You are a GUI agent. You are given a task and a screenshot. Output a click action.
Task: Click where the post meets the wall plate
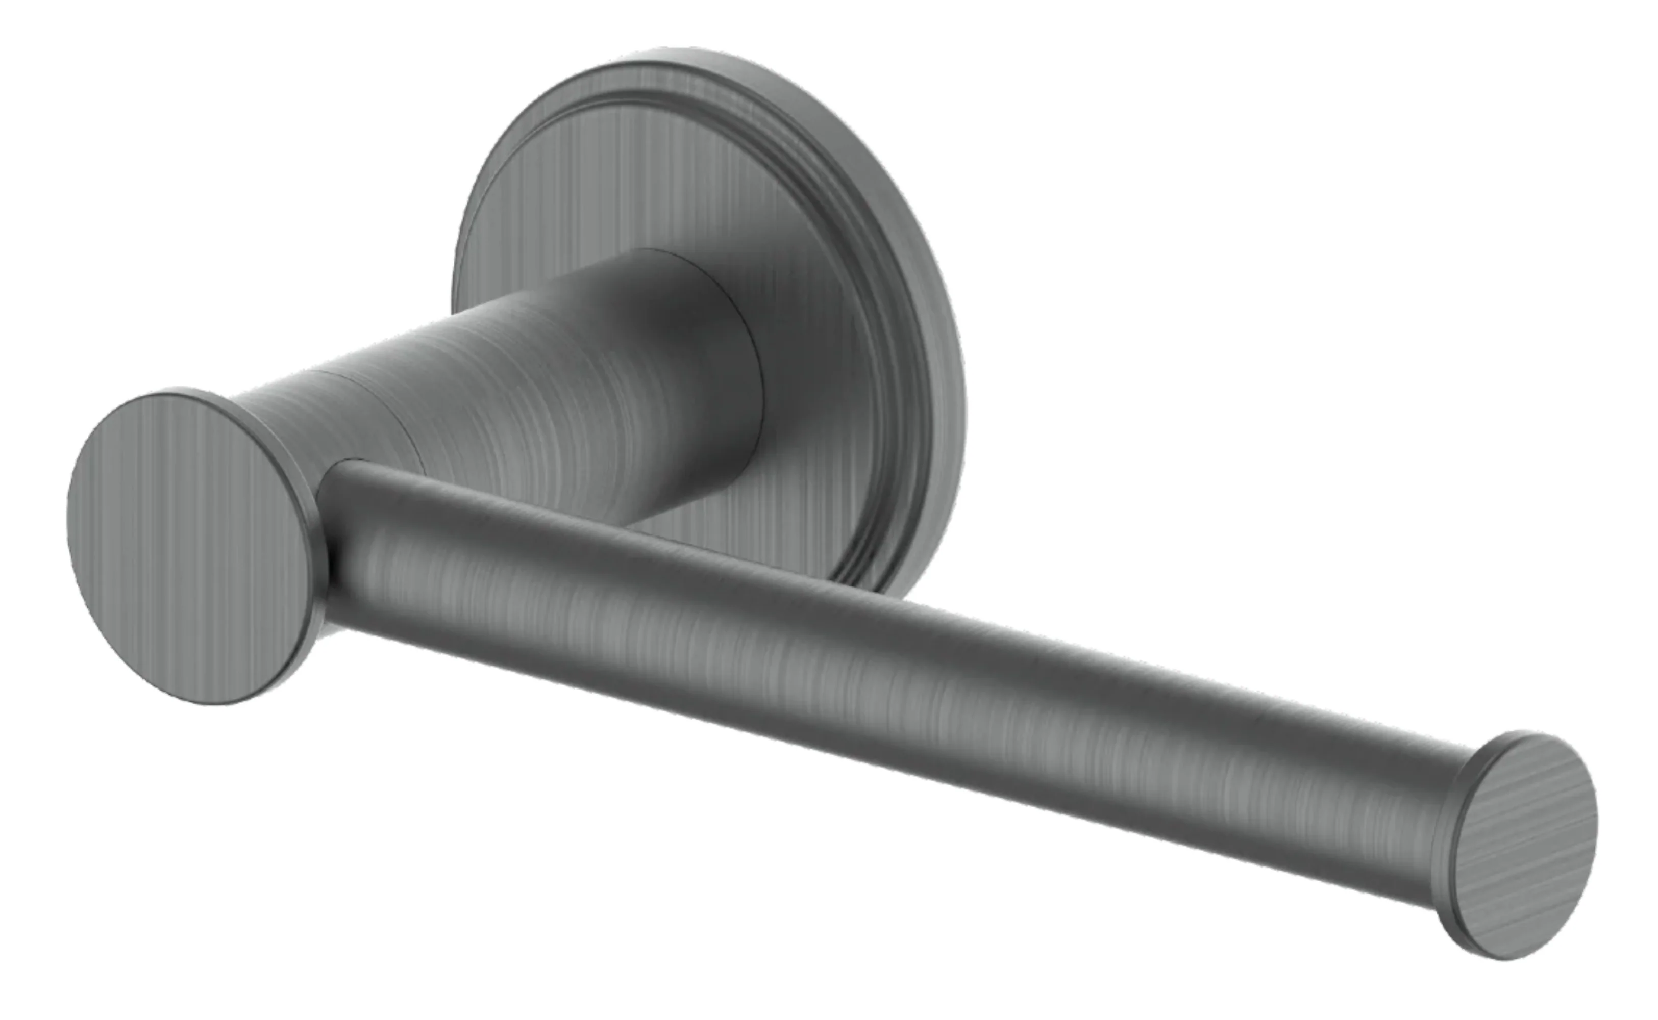(x=759, y=378)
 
